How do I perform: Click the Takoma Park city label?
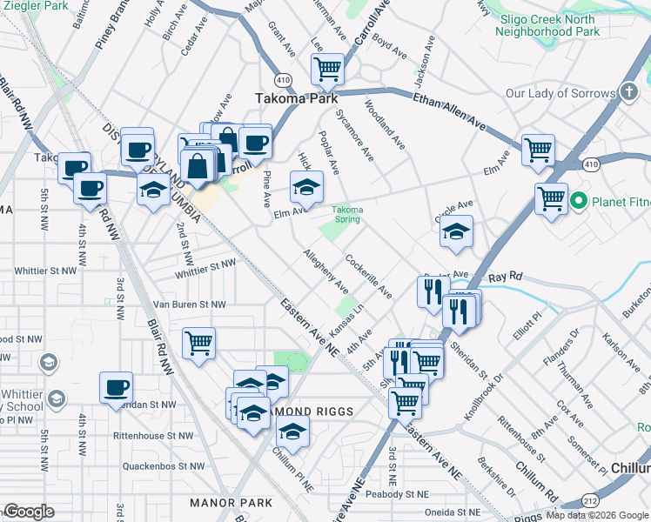296,98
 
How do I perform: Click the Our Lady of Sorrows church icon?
629,93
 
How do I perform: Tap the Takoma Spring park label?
347,214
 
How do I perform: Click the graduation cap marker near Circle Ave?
455,231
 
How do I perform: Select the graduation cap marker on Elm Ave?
305,186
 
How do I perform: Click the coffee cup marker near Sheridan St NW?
116,388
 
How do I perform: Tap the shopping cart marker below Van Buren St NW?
198,343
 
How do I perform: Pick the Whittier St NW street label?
205,268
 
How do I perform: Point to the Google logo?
29,511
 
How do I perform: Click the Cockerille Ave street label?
368,276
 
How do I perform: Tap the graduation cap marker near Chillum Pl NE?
292,432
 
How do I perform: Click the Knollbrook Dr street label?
484,397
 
